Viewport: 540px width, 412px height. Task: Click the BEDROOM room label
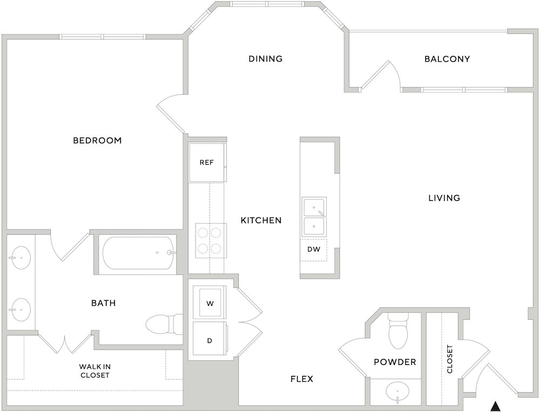click(x=97, y=140)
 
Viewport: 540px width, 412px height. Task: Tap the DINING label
click(x=266, y=59)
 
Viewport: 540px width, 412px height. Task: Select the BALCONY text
click(x=447, y=59)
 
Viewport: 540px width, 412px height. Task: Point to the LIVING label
click(x=444, y=198)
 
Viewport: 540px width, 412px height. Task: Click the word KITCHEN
click(x=261, y=220)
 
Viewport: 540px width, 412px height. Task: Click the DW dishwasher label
click(x=314, y=249)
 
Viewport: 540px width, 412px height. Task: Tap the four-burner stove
click(x=211, y=240)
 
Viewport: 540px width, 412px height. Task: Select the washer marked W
click(x=210, y=303)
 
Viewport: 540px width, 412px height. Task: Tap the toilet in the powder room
click(x=398, y=330)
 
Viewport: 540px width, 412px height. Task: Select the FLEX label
click(x=302, y=379)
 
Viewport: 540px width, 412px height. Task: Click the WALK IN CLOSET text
click(x=94, y=371)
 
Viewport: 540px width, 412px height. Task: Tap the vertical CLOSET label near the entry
click(x=450, y=359)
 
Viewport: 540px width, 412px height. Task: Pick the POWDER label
click(x=395, y=362)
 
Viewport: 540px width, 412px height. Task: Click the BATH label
click(x=103, y=303)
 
